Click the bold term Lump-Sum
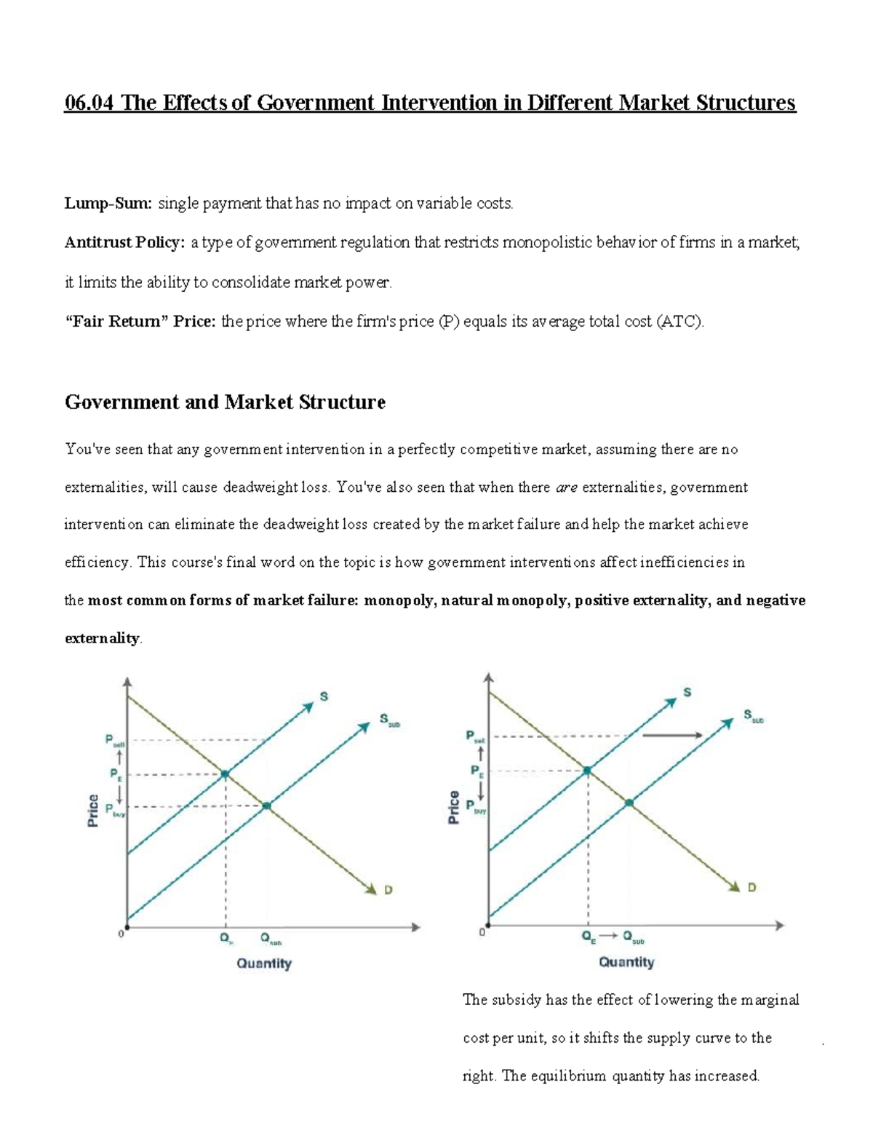point(108,204)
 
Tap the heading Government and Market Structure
point(225,402)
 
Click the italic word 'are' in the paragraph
point(566,488)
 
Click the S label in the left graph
point(324,696)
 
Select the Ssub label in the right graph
point(753,716)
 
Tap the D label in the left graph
point(388,889)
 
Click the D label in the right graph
point(752,887)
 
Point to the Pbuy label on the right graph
point(477,807)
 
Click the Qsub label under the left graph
point(270,939)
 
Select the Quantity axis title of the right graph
point(626,962)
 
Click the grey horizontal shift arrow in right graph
point(672,736)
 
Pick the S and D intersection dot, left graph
point(225,773)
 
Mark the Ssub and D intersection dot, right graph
point(629,803)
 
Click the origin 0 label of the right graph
point(481,932)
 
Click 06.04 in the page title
point(90,103)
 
